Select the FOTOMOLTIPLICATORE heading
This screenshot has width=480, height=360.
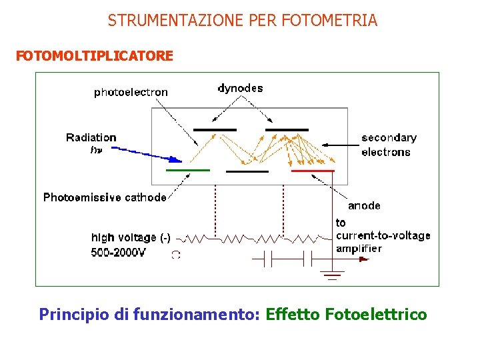click(95, 56)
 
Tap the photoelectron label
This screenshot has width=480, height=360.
click(131, 93)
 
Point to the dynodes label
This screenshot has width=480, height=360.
click(240, 88)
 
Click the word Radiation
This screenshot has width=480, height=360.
click(91, 137)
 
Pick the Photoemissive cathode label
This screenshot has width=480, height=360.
click(105, 197)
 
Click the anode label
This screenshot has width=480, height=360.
click(364, 205)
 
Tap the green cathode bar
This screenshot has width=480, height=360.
click(187, 171)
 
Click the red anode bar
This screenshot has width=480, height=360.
click(313, 171)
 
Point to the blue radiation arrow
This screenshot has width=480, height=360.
click(147, 155)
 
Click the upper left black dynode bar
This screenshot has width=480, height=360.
click(215, 129)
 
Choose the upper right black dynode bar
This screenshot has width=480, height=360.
click(287, 129)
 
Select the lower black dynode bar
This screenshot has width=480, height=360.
click(247, 171)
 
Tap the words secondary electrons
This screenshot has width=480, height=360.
click(389, 145)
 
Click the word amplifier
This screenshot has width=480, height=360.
click(359, 249)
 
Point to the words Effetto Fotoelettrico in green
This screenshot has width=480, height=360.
click(346, 314)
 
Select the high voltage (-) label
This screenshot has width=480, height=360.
click(131, 237)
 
